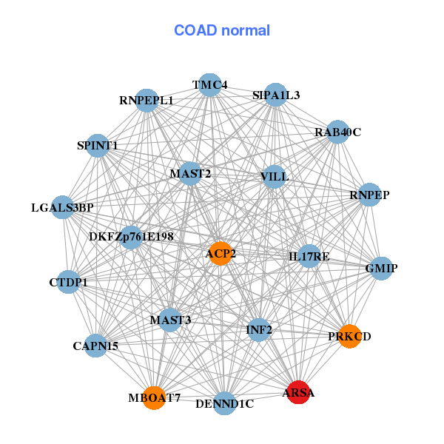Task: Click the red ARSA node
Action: pos(298,392)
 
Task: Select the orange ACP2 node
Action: pos(221,253)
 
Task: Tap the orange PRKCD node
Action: pos(350,336)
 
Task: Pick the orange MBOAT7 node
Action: pos(154,398)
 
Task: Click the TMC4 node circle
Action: pos(209,85)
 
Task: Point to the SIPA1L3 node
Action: pos(275,95)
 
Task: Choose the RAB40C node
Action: pos(337,132)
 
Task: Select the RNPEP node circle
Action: pos(369,195)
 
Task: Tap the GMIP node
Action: pos(381,269)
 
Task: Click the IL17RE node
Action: pos(309,256)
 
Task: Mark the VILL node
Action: pos(274,177)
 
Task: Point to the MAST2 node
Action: pos(190,174)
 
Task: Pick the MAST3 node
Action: pos(169,320)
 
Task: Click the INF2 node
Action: pos(259,329)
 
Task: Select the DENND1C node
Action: pos(224,403)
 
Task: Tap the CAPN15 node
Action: pos(95,346)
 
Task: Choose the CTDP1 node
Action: pos(68,282)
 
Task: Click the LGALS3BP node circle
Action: pos(63,207)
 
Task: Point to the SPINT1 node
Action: pos(98,146)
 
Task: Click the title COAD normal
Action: pos(222,30)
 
